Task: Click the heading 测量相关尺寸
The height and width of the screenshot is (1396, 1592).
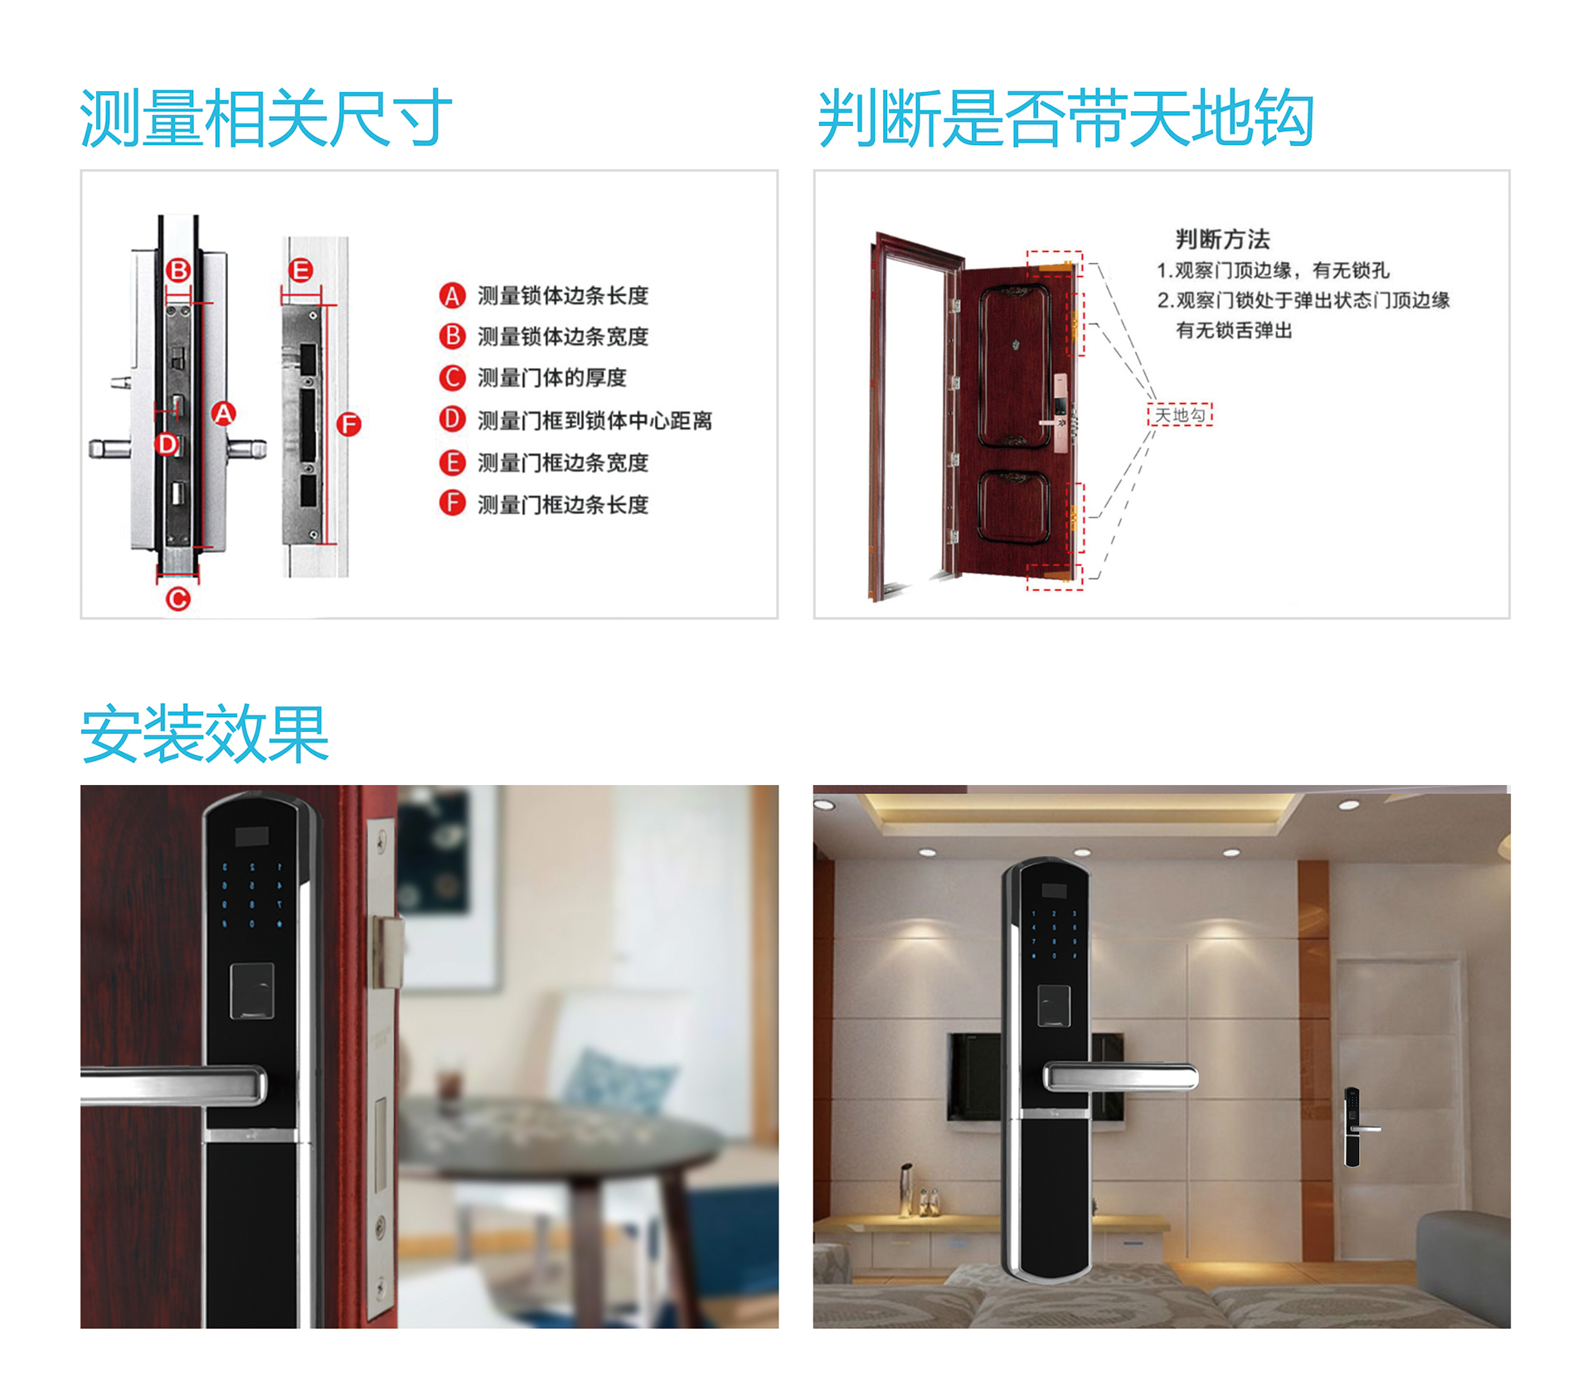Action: click(265, 119)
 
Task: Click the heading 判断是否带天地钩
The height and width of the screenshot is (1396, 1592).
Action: click(1065, 119)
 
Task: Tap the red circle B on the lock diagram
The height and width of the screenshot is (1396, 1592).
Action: click(178, 270)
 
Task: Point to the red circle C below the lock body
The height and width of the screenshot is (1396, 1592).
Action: click(178, 599)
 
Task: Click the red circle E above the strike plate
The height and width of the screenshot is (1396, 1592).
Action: click(301, 270)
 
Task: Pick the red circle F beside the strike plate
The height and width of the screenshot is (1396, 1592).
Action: click(349, 425)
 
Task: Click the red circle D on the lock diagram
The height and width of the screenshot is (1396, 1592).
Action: click(167, 444)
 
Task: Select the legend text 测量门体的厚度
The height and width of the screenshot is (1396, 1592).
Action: click(551, 378)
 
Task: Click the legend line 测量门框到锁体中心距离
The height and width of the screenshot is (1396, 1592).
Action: click(595, 420)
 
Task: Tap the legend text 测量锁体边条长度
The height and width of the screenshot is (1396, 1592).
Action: click(562, 296)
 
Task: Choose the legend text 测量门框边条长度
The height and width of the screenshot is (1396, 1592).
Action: click(562, 504)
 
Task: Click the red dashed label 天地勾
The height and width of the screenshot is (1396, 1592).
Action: click(1180, 414)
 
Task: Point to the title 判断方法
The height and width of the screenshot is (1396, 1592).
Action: click(1222, 240)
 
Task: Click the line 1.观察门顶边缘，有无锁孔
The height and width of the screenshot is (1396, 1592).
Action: click(1273, 270)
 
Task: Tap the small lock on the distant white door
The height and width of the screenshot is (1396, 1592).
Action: click(1352, 1127)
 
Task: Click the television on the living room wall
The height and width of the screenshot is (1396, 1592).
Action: click(975, 1076)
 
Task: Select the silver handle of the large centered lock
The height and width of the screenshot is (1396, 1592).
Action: click(1119, 1077)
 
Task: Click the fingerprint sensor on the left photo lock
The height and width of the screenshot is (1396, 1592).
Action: click(252, 991)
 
